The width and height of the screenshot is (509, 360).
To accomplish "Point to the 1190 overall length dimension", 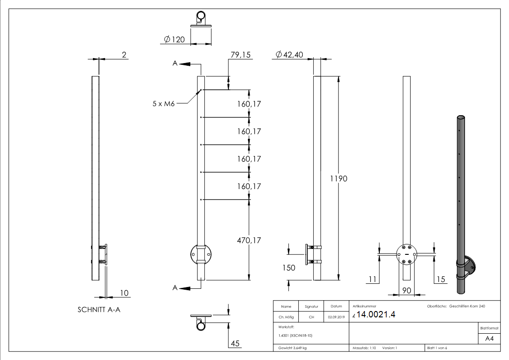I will pyautogui.click(x=339, y=179).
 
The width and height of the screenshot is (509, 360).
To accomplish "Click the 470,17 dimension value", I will pyautogui.click(x=249, y=240).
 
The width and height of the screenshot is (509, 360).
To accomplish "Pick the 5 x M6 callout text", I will pyautogui.click(x=163, y=103).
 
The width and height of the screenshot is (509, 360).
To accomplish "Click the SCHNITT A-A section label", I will pyautogui.click(x=99, y=310).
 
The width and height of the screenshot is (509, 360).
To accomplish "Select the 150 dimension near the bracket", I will pyautogui.click(x=288, y=268).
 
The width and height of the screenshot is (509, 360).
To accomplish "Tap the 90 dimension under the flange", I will pyautogui.click(x=407, y=291).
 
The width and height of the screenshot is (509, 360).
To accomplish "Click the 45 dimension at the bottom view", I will pyautogui.click(x=235, y=344).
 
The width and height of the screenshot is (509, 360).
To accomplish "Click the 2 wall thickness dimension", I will pyautogui.click(x=123, y=55).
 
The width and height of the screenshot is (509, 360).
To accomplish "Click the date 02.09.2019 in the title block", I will pyautogui.click(x=336, y=317).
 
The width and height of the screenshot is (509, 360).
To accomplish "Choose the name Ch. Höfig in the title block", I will pyautogui.click(x=286, y=317).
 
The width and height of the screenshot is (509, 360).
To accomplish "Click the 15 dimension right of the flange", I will pyautogui.click(x=440, y=279).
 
